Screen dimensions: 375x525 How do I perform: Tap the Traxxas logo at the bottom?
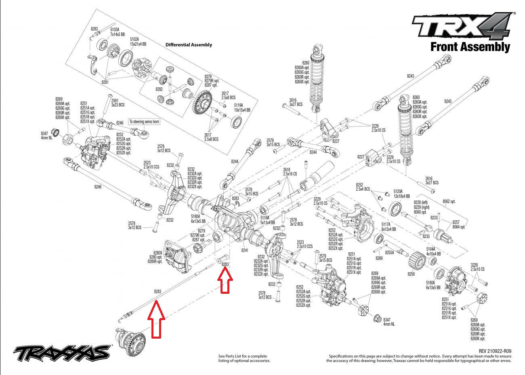point(62,353)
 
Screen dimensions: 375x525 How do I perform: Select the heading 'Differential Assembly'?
point(189,45)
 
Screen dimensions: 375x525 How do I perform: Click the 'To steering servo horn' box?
point(144,121)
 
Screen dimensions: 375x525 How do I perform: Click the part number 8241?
point(245,251)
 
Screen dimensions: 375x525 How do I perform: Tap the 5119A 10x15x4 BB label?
point(242,107)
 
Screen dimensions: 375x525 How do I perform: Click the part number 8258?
point(411,274)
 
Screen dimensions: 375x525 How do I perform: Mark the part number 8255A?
point(389,252)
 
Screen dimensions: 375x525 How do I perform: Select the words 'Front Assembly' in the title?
point(470,47)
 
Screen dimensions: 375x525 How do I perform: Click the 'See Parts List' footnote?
point(244,358)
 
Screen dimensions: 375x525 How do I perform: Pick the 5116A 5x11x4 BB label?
point(267,220)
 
